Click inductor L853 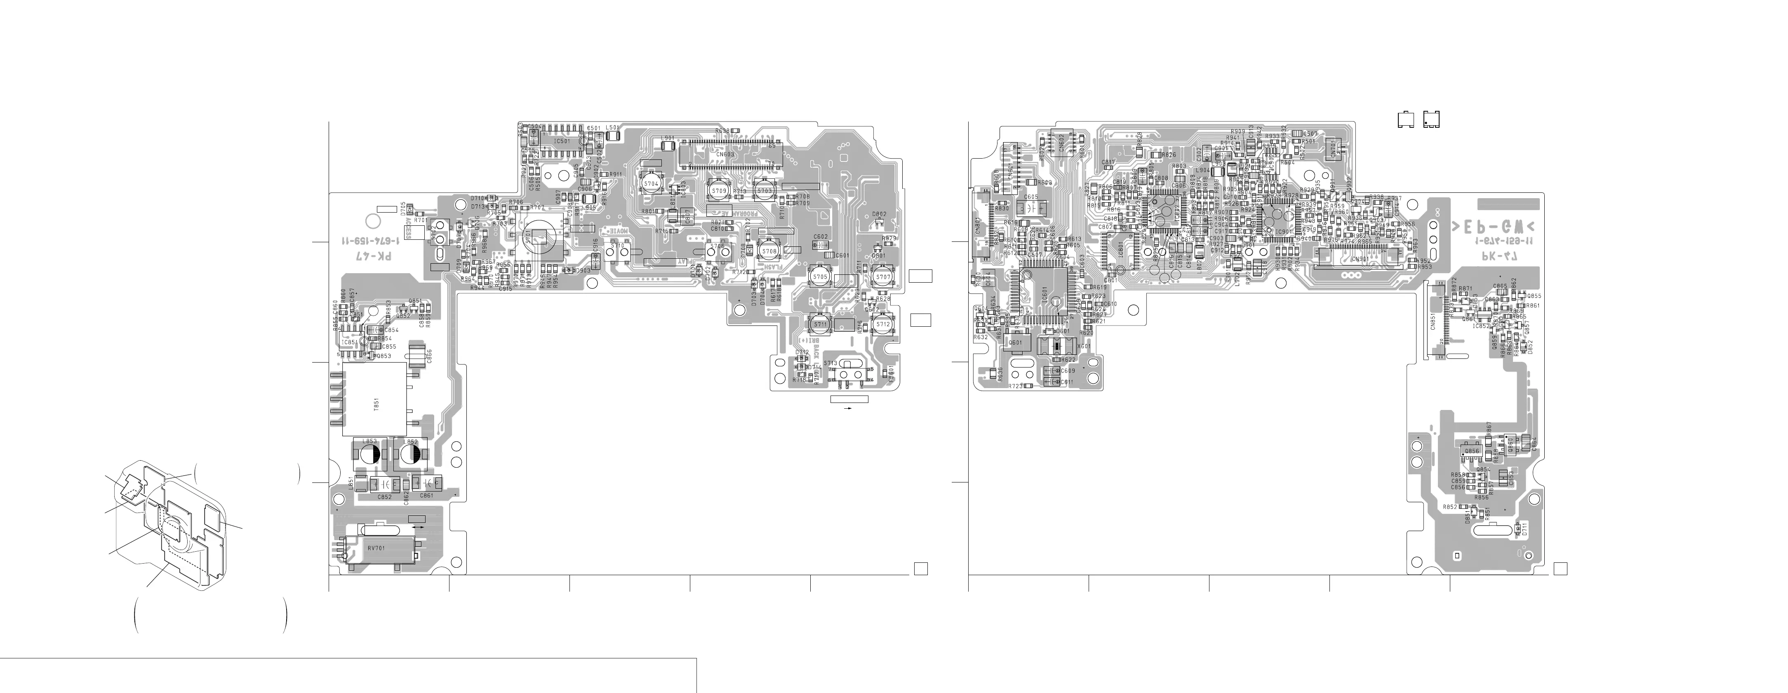pos(369,453)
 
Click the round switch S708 pos(768,251)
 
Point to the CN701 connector pos(1333,149)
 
